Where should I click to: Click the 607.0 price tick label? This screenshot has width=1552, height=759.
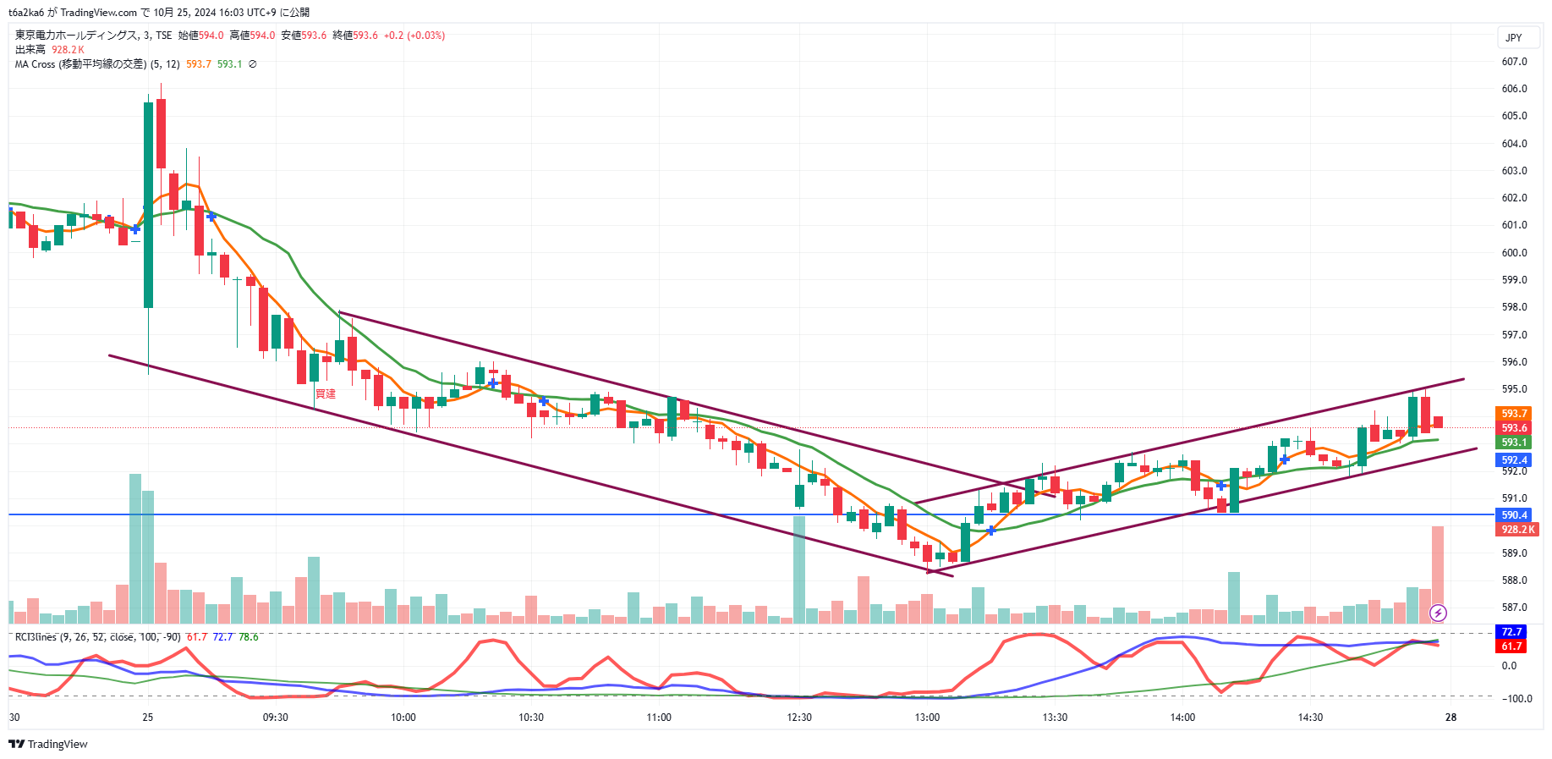coord(1514,62)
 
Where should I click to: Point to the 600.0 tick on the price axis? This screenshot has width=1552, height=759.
coord(1514,253)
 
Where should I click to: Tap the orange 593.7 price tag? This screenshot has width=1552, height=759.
coord(1514,414)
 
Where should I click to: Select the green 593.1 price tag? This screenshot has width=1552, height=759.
coord(1514,443)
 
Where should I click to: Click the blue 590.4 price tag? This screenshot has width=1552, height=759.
coord(1514,514)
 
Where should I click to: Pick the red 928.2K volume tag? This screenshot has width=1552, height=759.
coord(1517,530)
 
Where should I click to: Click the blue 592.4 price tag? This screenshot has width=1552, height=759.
coord(1514,460)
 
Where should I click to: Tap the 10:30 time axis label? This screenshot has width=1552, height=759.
coord(531,718)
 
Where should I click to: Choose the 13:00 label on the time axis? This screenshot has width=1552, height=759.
coord(927,718)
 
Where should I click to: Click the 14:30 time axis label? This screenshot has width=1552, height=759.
coord(1310,718)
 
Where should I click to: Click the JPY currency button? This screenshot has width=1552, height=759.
coord(1514,38)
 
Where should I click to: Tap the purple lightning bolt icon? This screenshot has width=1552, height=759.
coord(1438,613)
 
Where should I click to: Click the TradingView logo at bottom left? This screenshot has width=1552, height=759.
coord(48,744)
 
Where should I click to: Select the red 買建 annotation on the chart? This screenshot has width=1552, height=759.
coord(326,394)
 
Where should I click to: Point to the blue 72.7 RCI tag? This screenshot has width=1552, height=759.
coord(1511,632)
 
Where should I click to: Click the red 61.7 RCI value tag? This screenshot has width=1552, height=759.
coord(1511,646)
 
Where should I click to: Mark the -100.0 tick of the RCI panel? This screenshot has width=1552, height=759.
coord(1516,699)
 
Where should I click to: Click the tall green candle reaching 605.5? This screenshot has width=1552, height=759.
coord(149,203)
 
